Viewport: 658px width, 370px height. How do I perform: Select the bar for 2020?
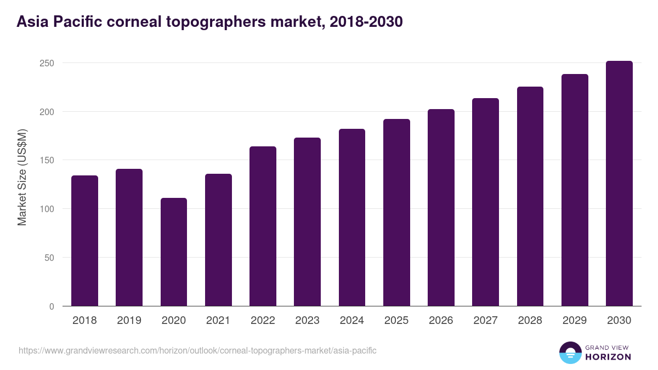tap(174, 252)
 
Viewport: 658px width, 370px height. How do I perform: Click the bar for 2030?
tap(619, 184)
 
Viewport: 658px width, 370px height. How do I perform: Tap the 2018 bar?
tap(84, 241)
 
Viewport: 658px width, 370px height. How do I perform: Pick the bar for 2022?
tap(263, 226)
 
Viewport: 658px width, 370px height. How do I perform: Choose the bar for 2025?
tap(396, 213)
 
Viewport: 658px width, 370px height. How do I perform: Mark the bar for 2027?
tap(485, 202)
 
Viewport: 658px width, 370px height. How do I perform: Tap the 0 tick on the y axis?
tap(52, 306)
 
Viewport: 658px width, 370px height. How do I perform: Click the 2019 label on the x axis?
tap(129, 321)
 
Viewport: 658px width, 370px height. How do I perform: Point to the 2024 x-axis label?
tap(351, 321)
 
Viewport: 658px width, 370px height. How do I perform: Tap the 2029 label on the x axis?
tap(575, 321)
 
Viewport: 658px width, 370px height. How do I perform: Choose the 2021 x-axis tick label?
tap(218, 321)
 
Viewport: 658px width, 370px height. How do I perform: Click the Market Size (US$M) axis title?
tap(22, 177)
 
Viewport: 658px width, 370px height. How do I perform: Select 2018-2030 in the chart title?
tap(367, 22)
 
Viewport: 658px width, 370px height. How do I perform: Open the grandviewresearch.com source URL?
tap(197, 350)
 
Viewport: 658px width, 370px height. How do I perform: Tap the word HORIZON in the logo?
tap(608, 357)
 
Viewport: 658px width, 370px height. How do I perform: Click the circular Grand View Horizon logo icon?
tap(570, 352)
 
